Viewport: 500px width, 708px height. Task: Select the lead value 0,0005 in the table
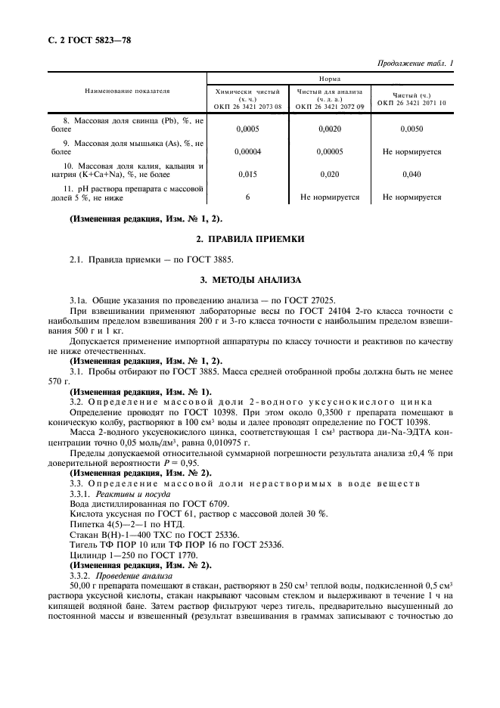[x=248, y=129]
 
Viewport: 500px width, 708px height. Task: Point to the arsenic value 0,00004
[x=248, y=152]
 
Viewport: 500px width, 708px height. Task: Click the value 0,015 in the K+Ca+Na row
[x=248, y=175]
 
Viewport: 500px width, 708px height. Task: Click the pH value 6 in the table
[x=248, y=197]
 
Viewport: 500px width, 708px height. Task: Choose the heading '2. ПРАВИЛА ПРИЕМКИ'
[x=250, y=240]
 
